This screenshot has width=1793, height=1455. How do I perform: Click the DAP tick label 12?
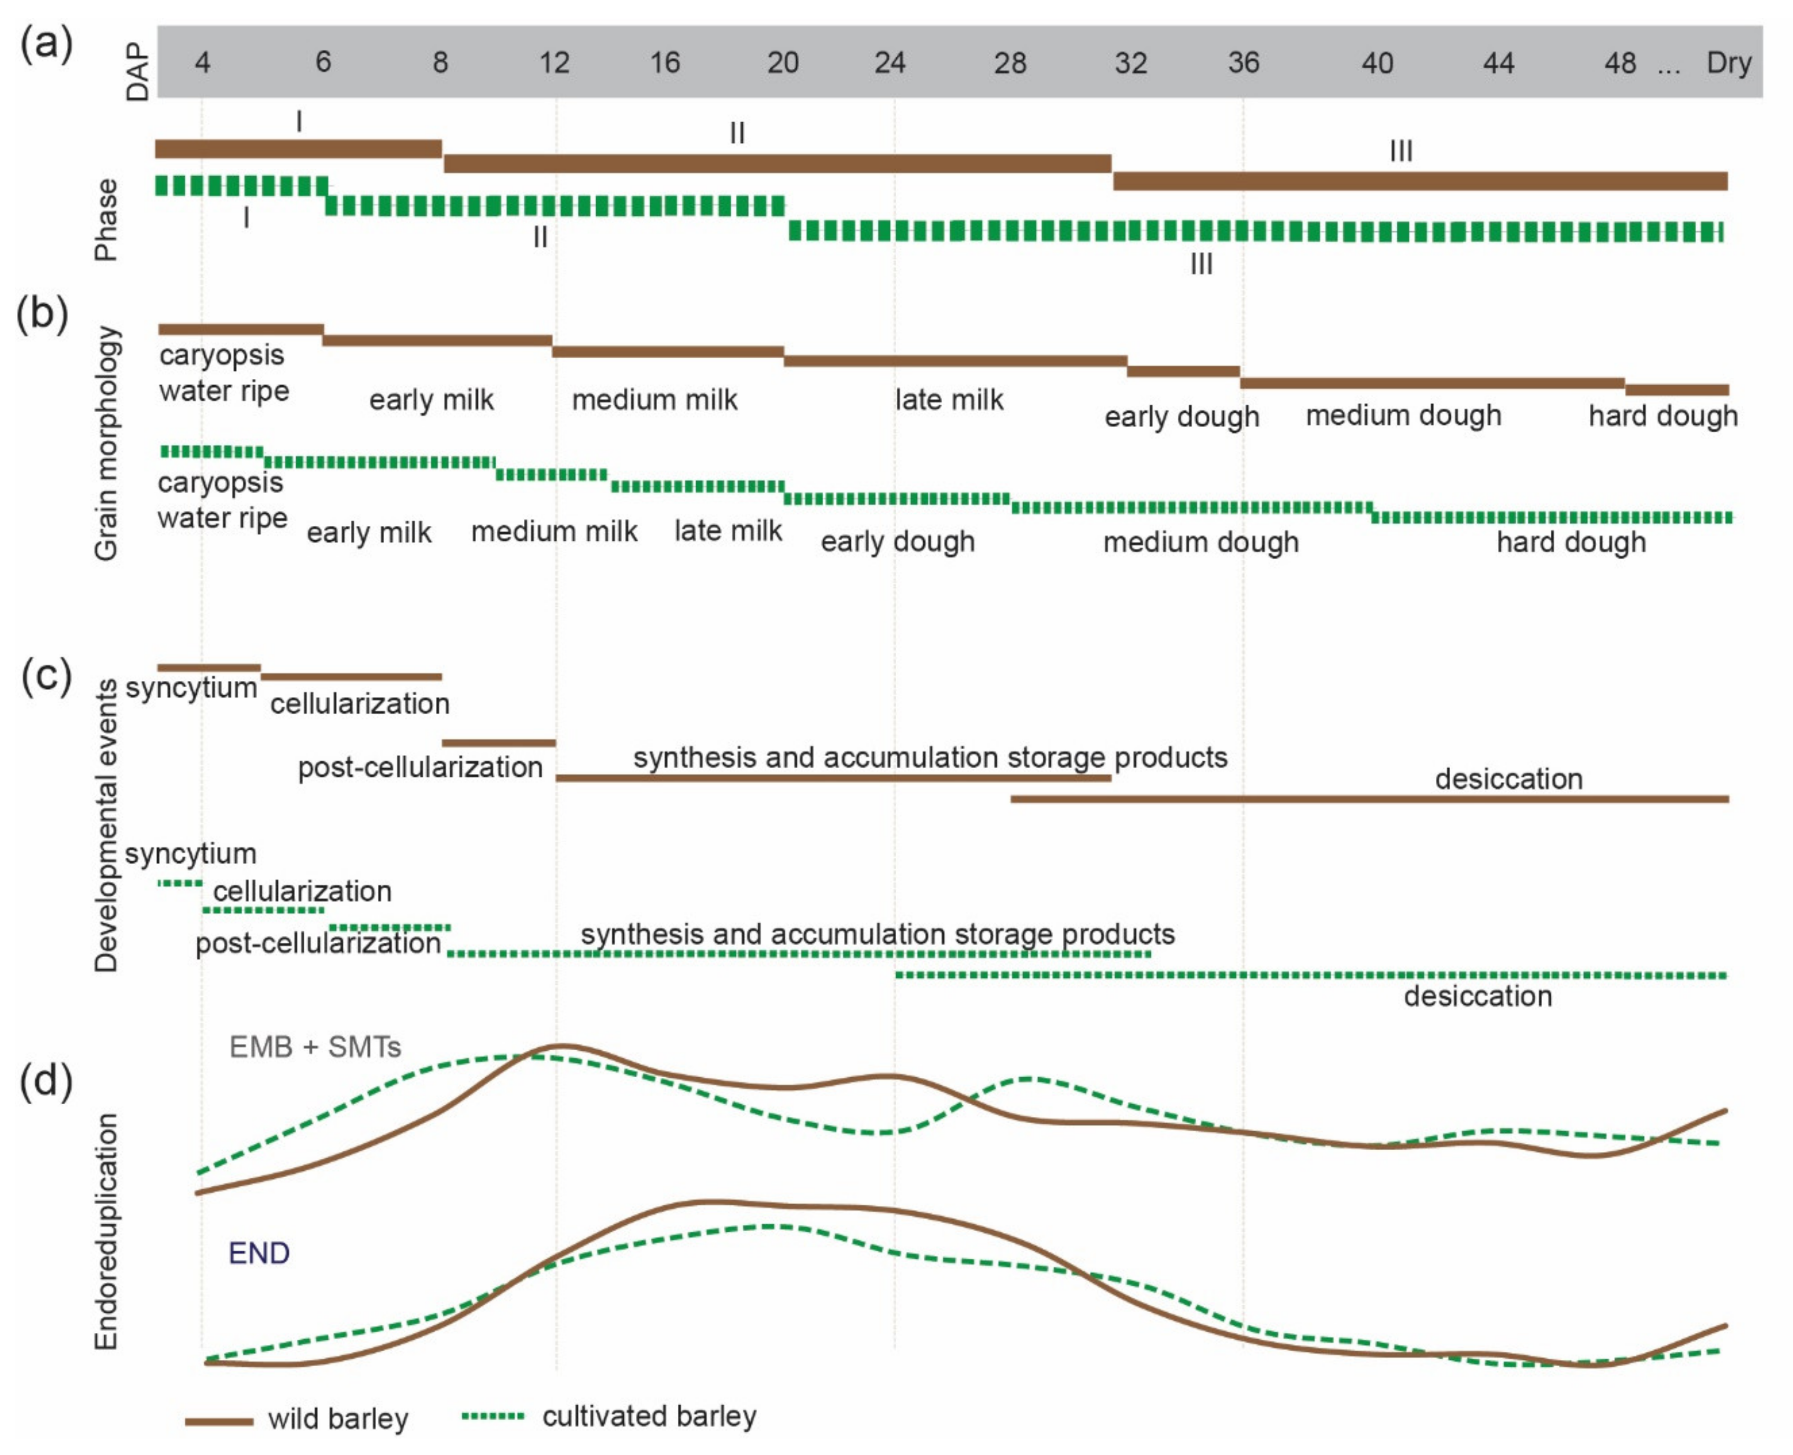point(554,63)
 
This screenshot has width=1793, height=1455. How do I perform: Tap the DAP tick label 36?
point(1243,63)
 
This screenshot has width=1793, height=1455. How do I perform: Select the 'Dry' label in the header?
point(1728,63)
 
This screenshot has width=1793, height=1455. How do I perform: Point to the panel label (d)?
point(46,1080)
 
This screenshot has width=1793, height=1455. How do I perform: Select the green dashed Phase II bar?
point(555,205)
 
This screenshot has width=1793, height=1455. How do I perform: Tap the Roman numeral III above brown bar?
point(1401,152)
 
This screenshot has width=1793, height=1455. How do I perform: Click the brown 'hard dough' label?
point(1662,416)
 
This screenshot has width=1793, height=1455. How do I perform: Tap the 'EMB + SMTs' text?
point(315,1047)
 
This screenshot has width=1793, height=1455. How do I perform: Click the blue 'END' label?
point(259,1253)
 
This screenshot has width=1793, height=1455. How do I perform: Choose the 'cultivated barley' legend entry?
point(648,1416)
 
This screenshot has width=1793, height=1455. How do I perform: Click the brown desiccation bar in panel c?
point(1369,799)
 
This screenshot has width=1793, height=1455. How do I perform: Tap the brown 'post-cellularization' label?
point(420,767)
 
